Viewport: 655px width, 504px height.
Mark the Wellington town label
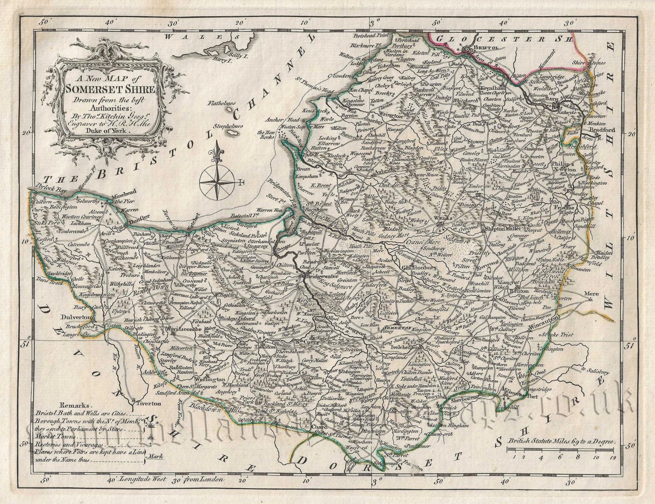pyautogui.click(x=210, y=379)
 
